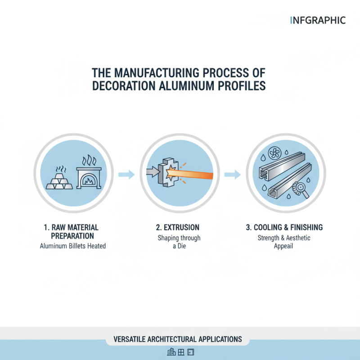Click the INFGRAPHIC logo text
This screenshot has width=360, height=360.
[318, 20]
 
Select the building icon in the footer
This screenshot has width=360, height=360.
[171, 352]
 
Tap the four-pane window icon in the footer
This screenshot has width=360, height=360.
[181, 352]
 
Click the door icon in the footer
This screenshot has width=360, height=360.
[190, 352]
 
